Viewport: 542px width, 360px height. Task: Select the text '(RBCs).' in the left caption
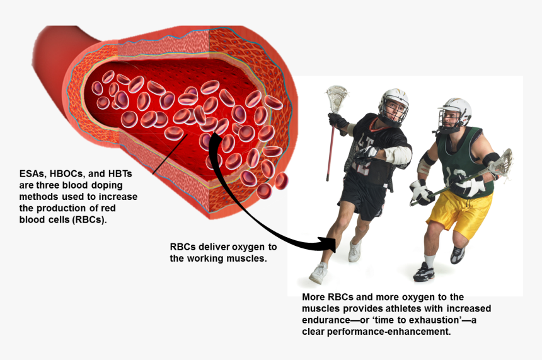90,219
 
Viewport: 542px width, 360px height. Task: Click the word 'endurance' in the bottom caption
329,320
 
